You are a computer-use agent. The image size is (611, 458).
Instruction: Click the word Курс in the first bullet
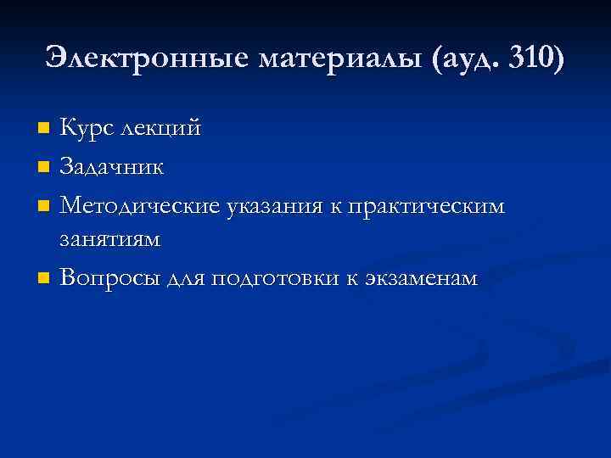pyautogui.click(x=88, y=128)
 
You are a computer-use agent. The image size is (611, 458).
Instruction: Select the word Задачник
pyautogui.click(x=113, y=166)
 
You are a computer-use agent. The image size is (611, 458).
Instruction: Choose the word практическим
pyautogui.click(x=427, y=204)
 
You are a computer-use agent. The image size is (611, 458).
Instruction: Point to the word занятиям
pyautogui.click(x=109, y=241)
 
